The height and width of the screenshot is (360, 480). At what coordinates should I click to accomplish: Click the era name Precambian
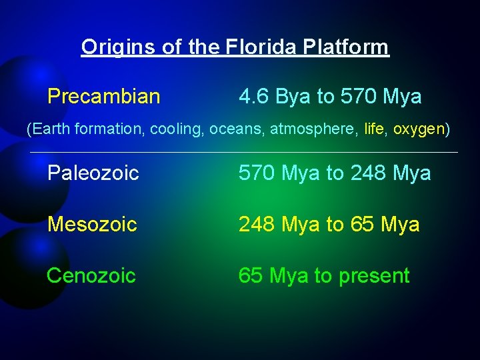(x=103, y=97)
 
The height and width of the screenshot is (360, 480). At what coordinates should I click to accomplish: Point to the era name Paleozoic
(x=93, y=173)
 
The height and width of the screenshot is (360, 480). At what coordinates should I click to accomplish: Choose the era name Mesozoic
(x=92, y=225)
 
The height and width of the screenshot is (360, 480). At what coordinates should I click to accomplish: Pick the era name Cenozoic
(x=91, y=275)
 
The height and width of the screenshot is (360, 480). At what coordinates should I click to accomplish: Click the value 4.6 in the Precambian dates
(x=254, y=97)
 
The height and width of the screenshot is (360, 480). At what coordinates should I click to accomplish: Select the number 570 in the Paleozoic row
(x=257, y=173)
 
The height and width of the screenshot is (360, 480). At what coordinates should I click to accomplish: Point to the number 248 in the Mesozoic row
(x=257, y=225)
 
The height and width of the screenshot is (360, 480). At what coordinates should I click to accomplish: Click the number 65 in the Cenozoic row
(x=251, y=275)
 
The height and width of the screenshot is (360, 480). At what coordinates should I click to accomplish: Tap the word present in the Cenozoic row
(x=377, y=275)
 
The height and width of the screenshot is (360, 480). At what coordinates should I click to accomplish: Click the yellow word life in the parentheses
(x=374, y=129)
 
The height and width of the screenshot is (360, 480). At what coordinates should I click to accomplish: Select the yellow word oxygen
(x=418, y=129)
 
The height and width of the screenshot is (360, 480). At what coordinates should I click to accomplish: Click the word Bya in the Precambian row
(x=293, y=97)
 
